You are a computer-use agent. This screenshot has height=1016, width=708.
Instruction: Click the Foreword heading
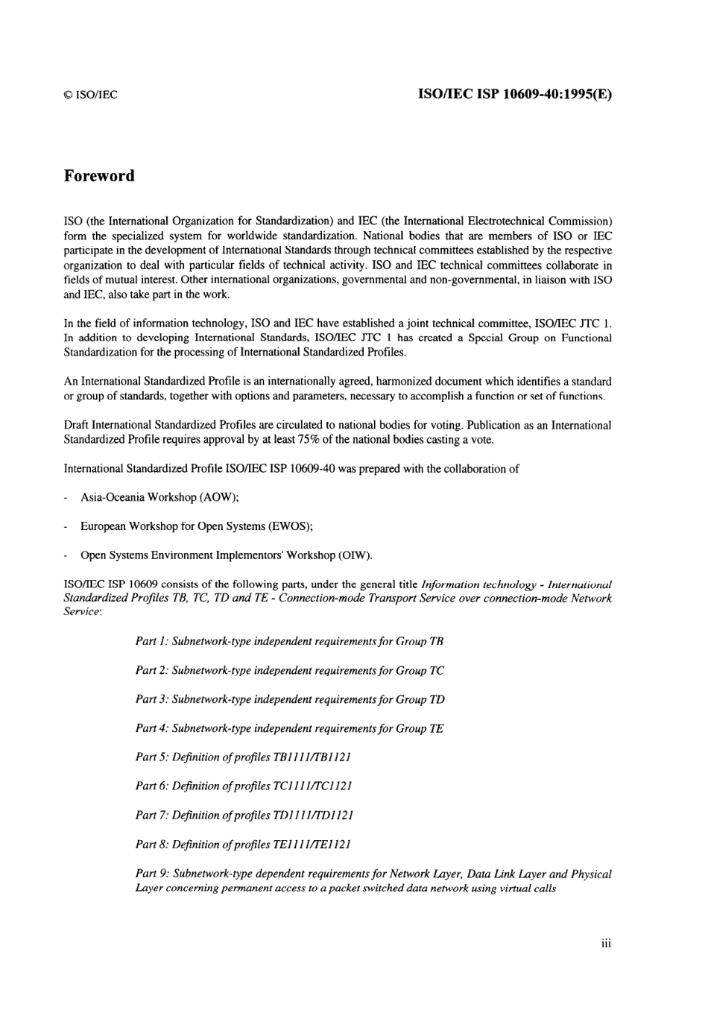click(x=99, y=176)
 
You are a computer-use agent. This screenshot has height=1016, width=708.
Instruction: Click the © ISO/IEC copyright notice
click(x=90, y=95)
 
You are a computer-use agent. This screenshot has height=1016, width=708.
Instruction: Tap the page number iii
click(x=606, y=944)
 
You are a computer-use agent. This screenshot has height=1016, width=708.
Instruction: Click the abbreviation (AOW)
click(x=218, y=497)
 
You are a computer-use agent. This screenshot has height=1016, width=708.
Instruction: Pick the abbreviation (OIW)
click(x=355, y=555)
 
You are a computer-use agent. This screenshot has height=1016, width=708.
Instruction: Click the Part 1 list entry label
click(x=151, y=641)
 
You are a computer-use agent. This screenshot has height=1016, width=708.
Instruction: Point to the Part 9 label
click(x=152, y=874)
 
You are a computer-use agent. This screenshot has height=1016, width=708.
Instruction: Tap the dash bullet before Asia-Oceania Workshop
click(x=67, y=497)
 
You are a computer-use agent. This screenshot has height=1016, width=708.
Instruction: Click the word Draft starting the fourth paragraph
click(x=77, y=425)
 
